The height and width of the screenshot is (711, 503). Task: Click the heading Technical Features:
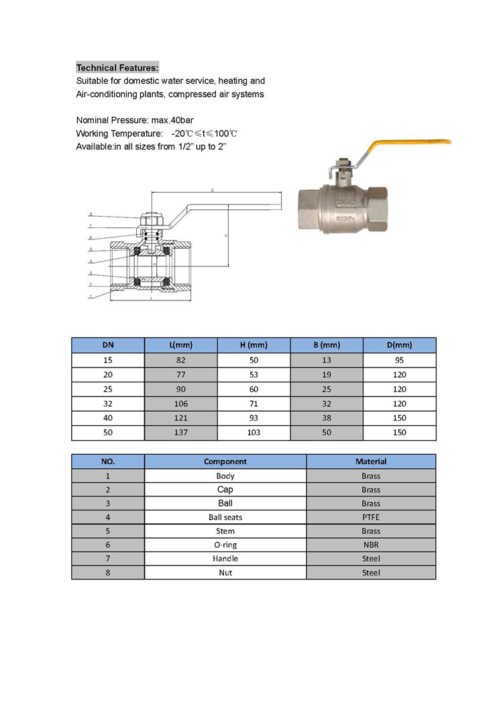(117, 68)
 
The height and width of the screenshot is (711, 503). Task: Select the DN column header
(108, 345)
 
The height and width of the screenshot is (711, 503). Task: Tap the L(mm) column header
(181, 345)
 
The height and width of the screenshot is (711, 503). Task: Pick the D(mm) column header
(400, 345)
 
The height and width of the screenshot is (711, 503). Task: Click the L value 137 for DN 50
(181, 433)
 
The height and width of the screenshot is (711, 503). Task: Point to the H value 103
(254, 433)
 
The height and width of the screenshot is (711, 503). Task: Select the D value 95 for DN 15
(400, 360)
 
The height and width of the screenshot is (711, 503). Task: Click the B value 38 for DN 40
(327, 418)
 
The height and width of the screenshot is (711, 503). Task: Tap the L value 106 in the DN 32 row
(181, 404)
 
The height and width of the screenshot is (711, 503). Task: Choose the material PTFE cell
(371, 517)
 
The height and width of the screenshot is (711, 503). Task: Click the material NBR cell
(371, 545)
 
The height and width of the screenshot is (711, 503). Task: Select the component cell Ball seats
(225, 517)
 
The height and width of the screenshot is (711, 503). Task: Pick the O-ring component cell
(225, 545)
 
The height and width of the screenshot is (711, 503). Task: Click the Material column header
(371, 461)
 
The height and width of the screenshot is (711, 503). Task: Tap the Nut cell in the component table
(225, 573)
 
